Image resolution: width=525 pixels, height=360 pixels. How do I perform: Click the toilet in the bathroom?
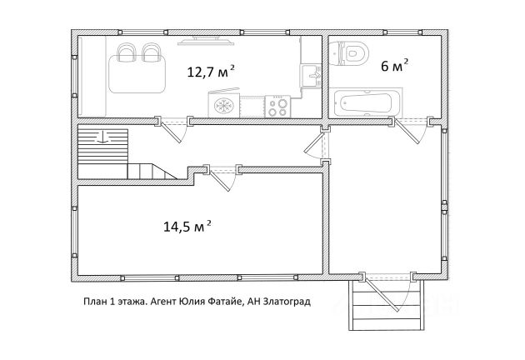click(348, 53)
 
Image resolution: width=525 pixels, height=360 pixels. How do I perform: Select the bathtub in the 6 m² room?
click(365, 102)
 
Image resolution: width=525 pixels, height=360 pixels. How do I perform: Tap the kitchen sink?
click(311, 76)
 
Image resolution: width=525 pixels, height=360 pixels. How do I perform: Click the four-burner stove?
click(277, 107)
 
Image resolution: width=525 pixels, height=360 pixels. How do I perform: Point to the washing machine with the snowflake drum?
click(223, 104)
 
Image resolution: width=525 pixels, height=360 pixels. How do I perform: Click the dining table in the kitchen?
click(137, 74)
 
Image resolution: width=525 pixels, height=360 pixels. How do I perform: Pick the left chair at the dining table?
click(127, 52)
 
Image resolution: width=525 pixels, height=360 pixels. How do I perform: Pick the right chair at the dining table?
click(152, 52)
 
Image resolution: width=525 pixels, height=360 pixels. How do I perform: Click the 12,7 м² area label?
click(211, 72)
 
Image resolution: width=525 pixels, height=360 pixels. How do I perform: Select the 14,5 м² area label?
click(187, 227)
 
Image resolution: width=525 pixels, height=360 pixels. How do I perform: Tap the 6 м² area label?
click(395, 66)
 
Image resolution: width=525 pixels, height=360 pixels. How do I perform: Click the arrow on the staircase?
click(102, 137)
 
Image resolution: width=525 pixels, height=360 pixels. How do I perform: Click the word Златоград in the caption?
click(287, 302)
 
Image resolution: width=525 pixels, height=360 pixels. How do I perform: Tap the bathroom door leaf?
click(407, 132)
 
